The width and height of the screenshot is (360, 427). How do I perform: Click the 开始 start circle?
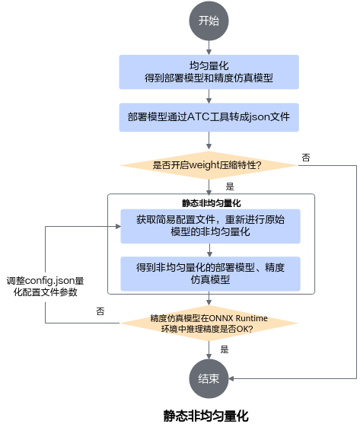click(x=209, y=21)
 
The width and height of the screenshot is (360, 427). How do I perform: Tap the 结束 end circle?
click(x=209, y=378)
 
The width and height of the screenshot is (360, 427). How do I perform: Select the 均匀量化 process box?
click(x=209, y=72)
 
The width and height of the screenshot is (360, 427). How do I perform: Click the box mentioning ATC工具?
click(x=209, y=117)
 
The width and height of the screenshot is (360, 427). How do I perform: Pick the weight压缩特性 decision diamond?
click(x=209, y=165)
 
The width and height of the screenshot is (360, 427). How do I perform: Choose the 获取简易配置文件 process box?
click(x=210, y=226)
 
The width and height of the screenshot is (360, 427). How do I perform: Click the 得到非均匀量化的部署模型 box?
click(x=210, y=274)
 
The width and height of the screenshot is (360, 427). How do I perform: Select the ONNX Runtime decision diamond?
click(x=209, y=323)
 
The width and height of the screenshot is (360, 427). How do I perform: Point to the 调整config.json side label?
click(x=45, y=286)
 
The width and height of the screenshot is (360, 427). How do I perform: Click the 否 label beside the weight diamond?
click(x=306, y=158)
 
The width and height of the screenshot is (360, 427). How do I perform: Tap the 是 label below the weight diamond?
click(x=230, y=186)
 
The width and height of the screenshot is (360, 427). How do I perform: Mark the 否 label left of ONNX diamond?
click(x=100, y=311)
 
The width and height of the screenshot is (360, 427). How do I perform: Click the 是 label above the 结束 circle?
click(x=225, y=349)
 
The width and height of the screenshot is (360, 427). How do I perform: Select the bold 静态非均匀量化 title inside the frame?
click(x=212, y=203)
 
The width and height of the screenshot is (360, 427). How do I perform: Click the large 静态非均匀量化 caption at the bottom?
click(x=205, y=416)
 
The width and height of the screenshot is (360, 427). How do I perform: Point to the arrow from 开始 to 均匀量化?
click(x=209, y=48)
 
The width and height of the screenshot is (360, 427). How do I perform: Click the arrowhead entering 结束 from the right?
click(x=231, y=378)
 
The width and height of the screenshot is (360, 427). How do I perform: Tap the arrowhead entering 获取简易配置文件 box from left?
click(x=118, y=226)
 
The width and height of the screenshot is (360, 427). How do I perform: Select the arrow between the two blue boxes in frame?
click(x=209, y=250)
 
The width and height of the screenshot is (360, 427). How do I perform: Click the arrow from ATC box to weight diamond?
click(x=209, y=141)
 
